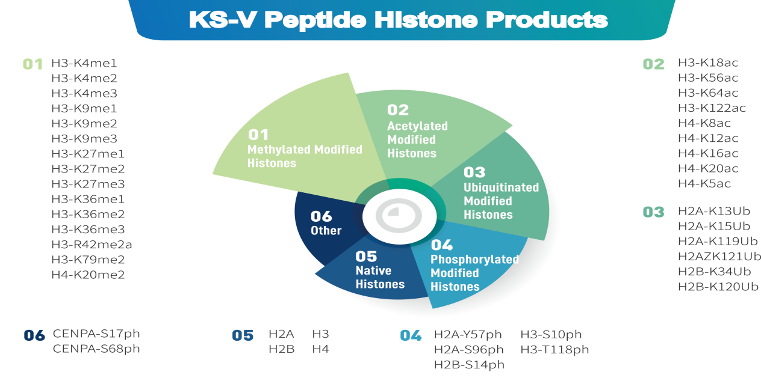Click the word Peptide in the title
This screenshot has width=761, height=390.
pyautogui.click(x=315, y=20)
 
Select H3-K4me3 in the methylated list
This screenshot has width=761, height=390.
pyautogui.click(x=84, y=93)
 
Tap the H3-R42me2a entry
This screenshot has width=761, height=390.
pyautogui.click(x=92, y=244)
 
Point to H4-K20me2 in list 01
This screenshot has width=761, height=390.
pyautogui.click(x=88, y=275)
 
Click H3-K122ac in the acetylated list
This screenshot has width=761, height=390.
pyautogui.click(x=712, y=108)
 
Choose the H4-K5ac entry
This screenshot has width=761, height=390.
pyautogui.click(x=704, y=183)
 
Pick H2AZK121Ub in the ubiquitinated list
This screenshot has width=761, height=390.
pyautogui.click(x=719, y=257)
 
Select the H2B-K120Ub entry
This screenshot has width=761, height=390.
pyautogui.click(x=718, y=287)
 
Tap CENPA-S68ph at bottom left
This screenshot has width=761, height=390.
pyautogui.click(x=96, y=349)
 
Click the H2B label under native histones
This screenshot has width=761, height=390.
pyautogui.click(x=281, y=349)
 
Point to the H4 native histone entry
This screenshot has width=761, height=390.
pyautogui.click(x=320, y=349)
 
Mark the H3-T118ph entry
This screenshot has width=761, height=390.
pyautogui.click(x=554, y=350)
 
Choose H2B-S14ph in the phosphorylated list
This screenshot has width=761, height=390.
pyautogui.click(x=469, y=365)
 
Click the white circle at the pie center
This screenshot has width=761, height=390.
pyautogui.click(x=399, y=216)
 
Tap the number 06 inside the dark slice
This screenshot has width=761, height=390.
pyautogui.click(x=321, y=216)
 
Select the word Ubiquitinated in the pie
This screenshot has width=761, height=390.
pyautogui.click(x=501, y=187)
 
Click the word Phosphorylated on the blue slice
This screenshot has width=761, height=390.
pyautogui.click(x=474, y=260)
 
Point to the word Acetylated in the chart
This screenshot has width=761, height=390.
pyautogui.click(x=418, y=126)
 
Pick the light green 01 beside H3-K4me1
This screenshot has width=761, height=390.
pyautogui.click(x=33, y=64)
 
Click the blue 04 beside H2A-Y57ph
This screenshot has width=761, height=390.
pyautogui.click(x=411, y=336)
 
